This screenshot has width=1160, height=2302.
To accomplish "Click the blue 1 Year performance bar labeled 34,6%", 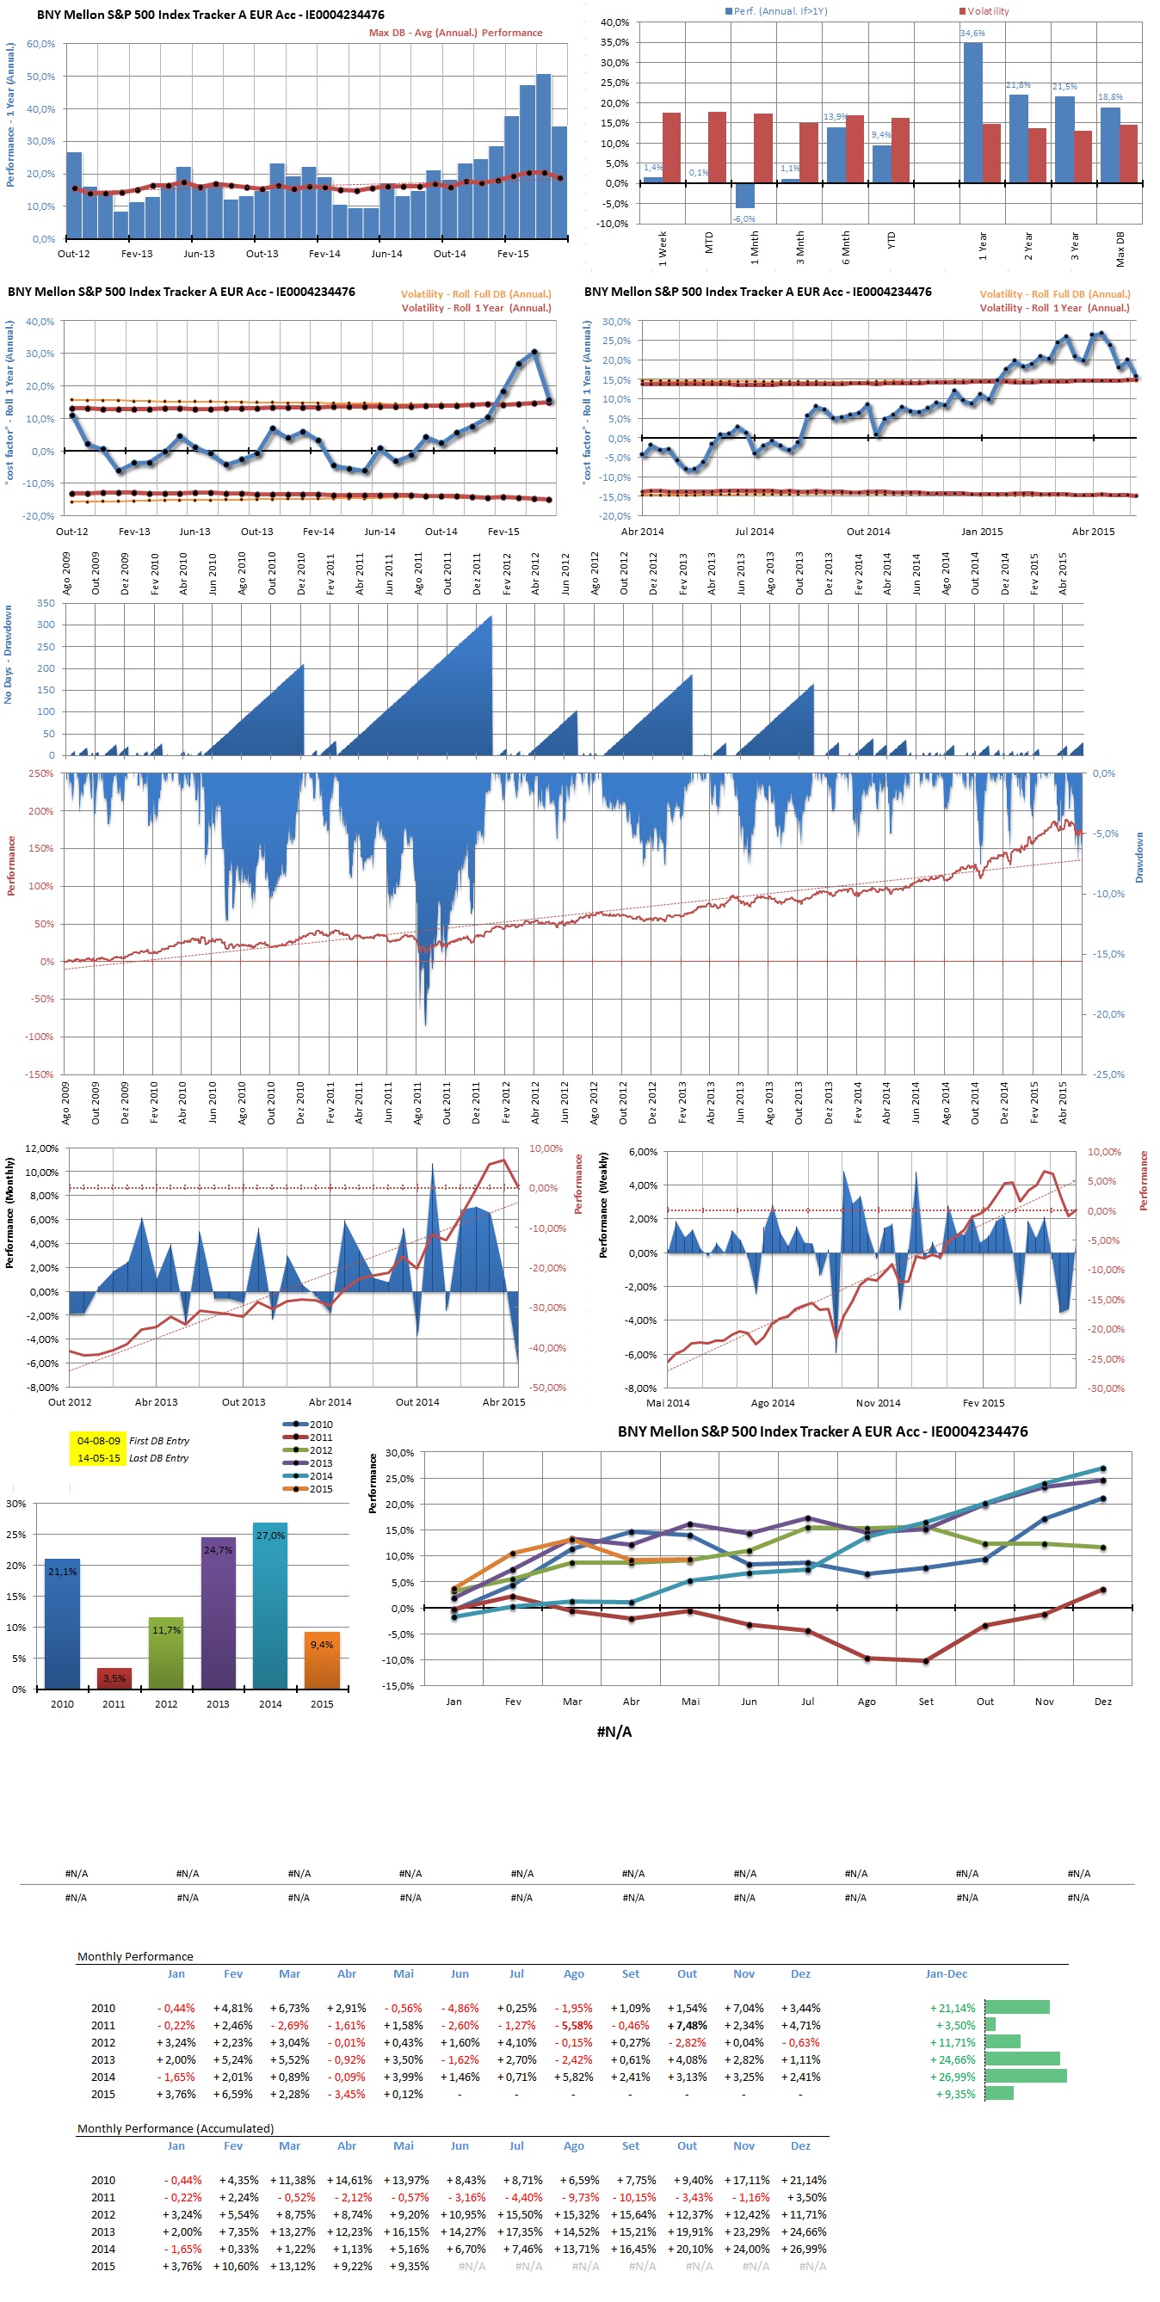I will click(x=972, y=113).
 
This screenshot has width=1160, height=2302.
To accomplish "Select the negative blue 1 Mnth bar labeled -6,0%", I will click(x=744, y=196).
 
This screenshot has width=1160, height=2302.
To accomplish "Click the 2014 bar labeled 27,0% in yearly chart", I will click(x=270, y=1605).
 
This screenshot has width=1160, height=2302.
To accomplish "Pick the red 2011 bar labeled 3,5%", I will click(x=114, y=1678).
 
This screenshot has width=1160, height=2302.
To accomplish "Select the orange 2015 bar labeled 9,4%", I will click(x=322, y=1659).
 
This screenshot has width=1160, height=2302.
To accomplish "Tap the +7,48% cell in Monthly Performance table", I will click(x=688, y=2025).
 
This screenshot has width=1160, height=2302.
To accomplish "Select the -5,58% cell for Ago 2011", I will click(x=574, y=2025).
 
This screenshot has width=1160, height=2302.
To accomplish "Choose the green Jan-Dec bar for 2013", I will click(x=1021, y=2059).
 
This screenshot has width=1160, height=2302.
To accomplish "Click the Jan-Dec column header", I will click(x=947, y=1973).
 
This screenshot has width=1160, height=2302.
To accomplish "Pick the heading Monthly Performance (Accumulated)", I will click(x=176, y=2127).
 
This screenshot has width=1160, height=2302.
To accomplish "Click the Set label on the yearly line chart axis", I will click(x=926, y=1702).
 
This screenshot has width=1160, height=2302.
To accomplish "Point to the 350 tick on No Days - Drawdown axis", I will click(x=46, y=603).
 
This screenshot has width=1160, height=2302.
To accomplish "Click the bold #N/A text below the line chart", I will click(x=614, y=1732).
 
